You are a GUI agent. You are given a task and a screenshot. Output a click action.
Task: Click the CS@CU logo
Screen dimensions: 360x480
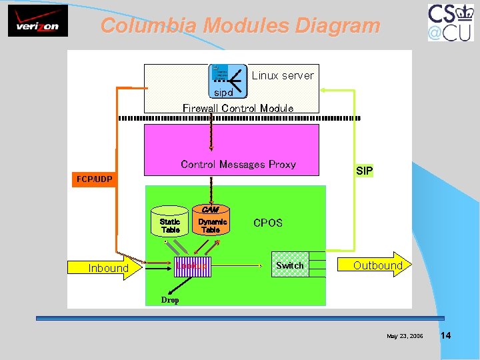pos(451,22)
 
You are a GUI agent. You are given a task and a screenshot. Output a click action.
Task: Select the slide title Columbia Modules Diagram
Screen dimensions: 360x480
pos(240,26)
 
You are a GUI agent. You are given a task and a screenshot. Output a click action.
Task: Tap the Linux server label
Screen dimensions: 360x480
pos(283,75)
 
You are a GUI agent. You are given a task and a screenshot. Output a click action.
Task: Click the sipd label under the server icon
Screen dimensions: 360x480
pos(223,93)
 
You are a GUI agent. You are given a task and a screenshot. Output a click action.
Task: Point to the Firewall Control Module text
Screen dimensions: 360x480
pos(238,108)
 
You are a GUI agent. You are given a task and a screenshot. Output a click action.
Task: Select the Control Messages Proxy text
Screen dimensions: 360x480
pos(238,164)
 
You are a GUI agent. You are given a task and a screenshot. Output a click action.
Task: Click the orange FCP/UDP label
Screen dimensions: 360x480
pos(94,179)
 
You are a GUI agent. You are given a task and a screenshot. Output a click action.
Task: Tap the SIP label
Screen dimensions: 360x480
pos(364,171)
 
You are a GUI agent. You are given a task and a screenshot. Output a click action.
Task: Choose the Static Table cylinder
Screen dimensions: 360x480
pos(170,223)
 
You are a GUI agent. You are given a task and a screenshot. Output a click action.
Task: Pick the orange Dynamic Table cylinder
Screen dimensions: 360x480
pos(211,223)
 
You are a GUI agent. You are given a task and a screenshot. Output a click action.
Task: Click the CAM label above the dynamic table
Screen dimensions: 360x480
pos(210,209)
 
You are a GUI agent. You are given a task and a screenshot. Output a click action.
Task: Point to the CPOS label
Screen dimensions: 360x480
pos(268,223)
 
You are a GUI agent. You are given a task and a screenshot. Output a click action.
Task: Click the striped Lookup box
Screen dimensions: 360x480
pos(191,266)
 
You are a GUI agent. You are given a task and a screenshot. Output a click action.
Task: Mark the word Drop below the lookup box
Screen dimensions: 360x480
pos(170,300)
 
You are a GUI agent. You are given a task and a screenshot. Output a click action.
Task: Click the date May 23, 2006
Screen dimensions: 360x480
pos(405,336)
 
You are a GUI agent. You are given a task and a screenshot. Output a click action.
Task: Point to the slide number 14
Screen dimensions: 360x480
pos(445,335)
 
